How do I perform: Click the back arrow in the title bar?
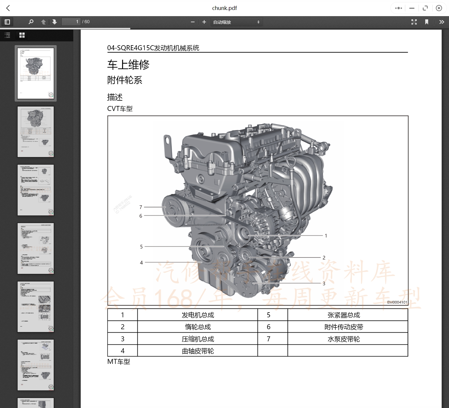8,8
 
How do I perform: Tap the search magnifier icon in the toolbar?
31,22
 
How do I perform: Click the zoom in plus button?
204,22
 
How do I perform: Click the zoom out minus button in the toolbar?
193,22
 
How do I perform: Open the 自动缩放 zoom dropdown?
237,22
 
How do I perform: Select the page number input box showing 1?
71,22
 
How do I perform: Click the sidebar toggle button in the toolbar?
7,22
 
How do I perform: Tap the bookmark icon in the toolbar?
427,22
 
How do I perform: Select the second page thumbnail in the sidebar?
36,132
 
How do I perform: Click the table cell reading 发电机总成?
198,315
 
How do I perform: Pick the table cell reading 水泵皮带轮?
344,339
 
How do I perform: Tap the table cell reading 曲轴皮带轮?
198,351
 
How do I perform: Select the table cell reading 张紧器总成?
344,315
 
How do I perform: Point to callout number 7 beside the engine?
141,207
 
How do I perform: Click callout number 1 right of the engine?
326,236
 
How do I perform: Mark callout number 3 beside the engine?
324,284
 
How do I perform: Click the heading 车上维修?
128,65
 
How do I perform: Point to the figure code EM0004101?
397,302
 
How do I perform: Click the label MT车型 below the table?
119,362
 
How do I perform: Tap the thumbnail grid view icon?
22,35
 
